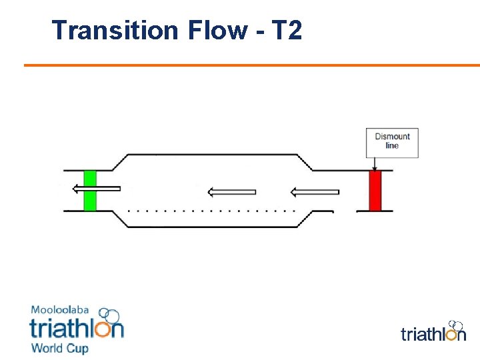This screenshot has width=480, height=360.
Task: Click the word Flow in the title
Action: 212,30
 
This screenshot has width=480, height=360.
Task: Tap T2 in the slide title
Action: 287,30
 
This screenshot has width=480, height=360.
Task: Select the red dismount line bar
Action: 375,191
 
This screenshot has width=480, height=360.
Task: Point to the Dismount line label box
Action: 392,143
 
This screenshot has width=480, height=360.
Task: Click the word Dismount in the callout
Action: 392,137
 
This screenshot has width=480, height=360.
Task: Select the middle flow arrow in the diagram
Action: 231,193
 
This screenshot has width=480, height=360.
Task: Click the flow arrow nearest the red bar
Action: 315,193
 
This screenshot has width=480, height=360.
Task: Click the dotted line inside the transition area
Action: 211,210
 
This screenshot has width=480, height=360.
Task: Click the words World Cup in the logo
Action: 59,348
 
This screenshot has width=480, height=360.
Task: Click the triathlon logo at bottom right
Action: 433,332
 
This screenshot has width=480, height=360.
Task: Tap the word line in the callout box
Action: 392,146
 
